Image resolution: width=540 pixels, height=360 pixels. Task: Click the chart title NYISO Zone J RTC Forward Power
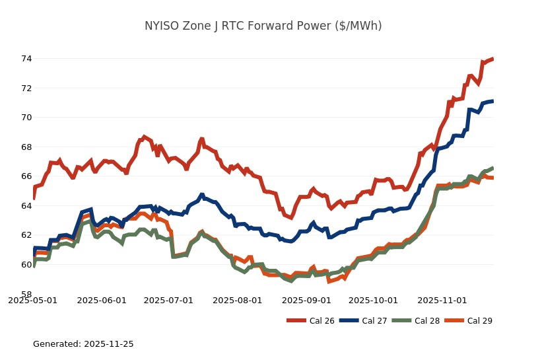click(x=263, y=26)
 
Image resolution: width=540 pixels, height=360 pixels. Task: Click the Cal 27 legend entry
click(x=363, y=321)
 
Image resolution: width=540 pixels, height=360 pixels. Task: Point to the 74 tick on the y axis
click(x=26, y=59)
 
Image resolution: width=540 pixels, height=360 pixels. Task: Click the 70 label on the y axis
click(x=26, y=118)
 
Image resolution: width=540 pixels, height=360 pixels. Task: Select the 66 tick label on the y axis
click(x=26, y=176)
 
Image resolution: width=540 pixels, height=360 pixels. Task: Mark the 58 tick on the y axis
click(x=26, y=294)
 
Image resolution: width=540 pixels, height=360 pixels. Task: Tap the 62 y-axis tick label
click(x=26, y=235)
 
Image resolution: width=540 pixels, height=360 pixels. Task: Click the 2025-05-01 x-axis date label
click(x=32, y=301)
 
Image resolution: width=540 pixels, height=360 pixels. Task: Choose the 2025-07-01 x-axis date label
click(x=168, y=301)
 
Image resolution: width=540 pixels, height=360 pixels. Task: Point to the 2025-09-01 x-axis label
click(x=306, y=301)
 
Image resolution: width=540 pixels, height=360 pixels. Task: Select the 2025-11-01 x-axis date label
click(x=442, y=301)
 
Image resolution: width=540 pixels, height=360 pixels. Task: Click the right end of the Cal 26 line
click(x=492, y=59)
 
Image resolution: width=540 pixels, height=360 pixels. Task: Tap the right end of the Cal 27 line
click(x=492, y=101)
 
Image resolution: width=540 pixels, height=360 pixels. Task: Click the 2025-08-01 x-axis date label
click(x=238, y=301)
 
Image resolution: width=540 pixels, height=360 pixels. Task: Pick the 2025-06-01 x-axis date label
click(x=102, y=301)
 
